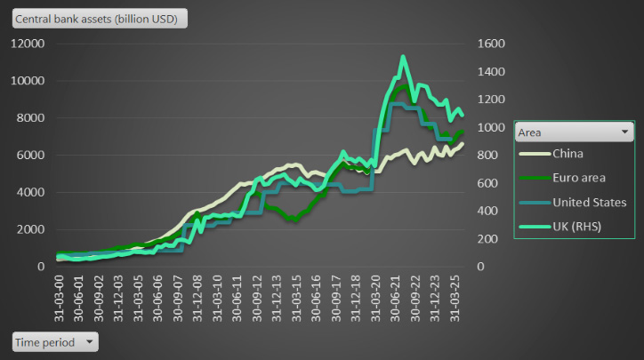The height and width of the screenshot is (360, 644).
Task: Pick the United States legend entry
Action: [589, 203]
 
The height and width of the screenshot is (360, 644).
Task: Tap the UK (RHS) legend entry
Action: [576, 228]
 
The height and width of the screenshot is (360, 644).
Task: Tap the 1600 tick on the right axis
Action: [492, 44]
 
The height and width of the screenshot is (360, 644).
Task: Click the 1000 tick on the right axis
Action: [492, 127]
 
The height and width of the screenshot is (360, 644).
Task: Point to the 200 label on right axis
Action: [488, 238]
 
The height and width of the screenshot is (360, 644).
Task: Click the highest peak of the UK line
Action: [403, 57]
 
